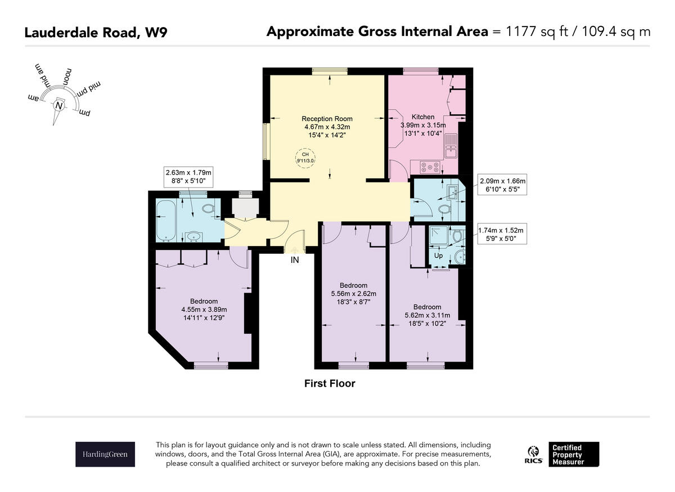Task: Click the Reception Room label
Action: point(327,119)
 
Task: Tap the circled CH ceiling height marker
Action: point(305,157)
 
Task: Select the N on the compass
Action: point(58,105)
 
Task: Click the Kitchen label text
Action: point(423,117)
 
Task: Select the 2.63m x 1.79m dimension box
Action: point(188,176)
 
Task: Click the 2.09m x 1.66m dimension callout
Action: point(502,185)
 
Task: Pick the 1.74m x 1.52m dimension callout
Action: point(500,234)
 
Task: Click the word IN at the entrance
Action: point(295,260)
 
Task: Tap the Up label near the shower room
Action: point(439,256)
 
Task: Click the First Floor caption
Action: point(330,384)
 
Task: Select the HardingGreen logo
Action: point(105,454)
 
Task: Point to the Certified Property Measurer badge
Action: point(573,454)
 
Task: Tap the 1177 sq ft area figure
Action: point(530,32)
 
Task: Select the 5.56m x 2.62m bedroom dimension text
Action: point(354,293)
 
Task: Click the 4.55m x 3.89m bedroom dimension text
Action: point(204,310)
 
